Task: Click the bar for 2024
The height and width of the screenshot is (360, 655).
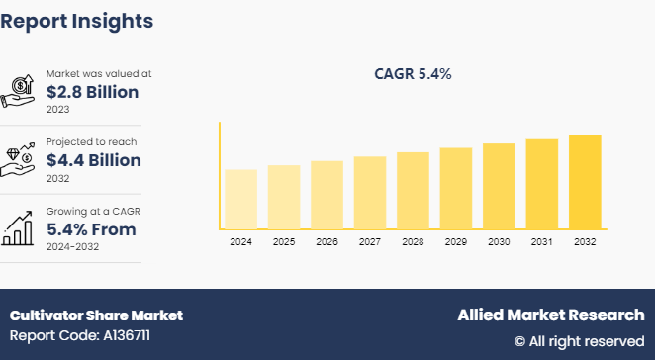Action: (240, 199)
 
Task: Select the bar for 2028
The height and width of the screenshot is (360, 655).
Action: (413, 191)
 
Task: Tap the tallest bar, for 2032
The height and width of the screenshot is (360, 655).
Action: (585, 182)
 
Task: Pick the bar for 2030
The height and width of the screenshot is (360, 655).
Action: (499, 186)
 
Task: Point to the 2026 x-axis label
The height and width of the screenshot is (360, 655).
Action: (327, 241)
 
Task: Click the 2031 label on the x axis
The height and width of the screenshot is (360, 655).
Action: (541, 241)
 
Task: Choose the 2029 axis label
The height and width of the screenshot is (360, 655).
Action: (455, 241)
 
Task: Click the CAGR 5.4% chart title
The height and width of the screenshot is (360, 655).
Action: (412, 73)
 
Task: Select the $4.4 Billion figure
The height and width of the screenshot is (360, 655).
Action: (93, 160)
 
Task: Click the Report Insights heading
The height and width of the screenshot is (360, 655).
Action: (76, 20)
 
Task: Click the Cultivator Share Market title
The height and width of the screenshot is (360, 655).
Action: (96, 315)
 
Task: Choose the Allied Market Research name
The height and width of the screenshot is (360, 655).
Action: (550, 315)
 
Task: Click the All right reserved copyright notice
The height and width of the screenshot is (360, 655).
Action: (579, 340)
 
